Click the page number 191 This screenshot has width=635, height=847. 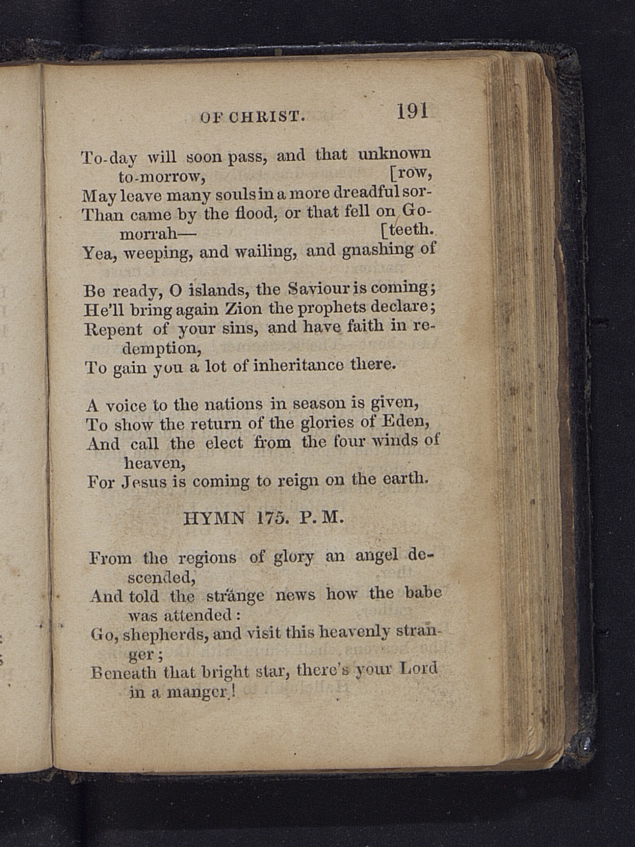412,111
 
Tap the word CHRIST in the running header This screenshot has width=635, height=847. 267,117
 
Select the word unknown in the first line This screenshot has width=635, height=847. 394,154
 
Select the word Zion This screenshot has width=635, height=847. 243,309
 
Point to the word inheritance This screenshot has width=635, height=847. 298,365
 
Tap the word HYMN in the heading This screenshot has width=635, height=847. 214,519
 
